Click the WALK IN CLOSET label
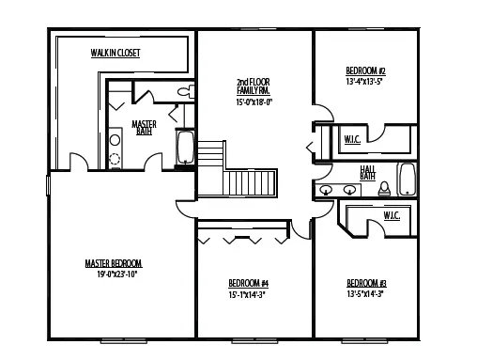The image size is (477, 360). point(115,54)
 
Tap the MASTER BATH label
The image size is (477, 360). point(144,128)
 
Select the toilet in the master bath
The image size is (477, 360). point(185,91)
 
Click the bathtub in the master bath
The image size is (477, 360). point(185,149)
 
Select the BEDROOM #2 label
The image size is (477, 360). point(366,70)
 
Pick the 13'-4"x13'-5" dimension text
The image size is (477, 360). point(366,81)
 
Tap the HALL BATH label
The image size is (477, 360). point(368,172)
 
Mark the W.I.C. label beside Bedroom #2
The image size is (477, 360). point(352,140)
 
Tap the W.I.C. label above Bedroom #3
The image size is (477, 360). point(392,215)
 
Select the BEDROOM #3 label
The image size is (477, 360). point(366,283)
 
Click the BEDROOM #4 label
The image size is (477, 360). point(249,283)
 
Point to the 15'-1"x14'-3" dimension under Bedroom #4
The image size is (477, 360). point(249,293)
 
